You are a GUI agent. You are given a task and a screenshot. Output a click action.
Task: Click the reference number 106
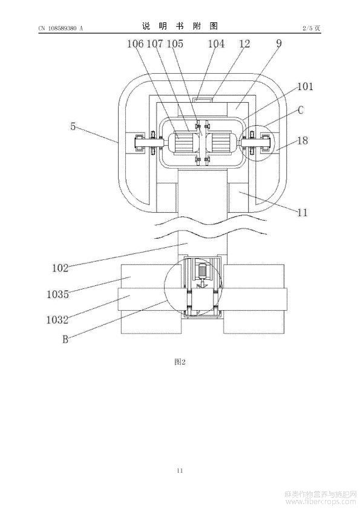tap(135, 44)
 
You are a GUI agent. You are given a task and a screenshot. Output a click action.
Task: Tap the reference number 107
tap(155, 44)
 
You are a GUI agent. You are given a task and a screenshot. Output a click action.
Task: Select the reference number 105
tap(175, 44)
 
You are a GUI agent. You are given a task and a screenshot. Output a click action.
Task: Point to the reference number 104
tap(216, 44)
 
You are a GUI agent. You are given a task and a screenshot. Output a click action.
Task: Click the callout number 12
tap(244, 44)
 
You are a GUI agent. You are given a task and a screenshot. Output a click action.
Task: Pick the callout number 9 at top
tap(279, 43)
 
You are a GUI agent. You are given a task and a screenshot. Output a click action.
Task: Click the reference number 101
tap(305, 86)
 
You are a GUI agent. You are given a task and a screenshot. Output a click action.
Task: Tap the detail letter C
tap(301, 110)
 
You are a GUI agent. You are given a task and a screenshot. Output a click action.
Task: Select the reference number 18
tap(303, 141)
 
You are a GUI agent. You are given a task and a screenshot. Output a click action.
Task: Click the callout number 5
tap(73, 126)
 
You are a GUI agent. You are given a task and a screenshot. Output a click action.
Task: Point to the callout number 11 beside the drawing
tap(302, 213)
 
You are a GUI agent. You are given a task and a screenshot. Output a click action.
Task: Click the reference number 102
tap(60, 268)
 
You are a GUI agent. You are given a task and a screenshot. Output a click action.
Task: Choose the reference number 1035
tap(57, 294)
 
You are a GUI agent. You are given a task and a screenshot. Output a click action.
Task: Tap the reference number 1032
tap(57, 320)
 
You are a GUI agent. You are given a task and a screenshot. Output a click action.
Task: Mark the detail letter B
tap(65, 339)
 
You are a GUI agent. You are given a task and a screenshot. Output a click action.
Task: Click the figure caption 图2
tap(180, 362)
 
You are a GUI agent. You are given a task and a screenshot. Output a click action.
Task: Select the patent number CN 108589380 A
tap(61, 28)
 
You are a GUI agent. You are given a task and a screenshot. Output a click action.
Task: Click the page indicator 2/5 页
tap(312, 28)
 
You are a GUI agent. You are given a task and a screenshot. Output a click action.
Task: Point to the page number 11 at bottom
tap(180, 471)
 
